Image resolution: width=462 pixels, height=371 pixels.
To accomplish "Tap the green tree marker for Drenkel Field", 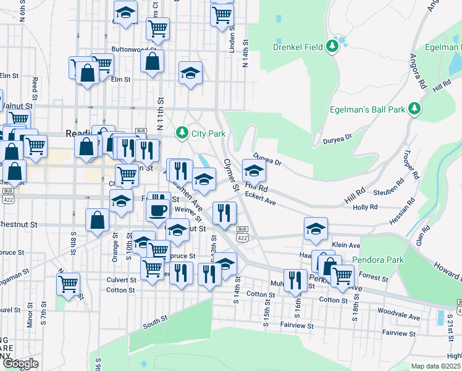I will click(333, 45).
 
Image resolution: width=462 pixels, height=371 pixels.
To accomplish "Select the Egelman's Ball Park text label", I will click(370, 109).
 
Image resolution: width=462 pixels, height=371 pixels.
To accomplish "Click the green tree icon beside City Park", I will click(182, 132).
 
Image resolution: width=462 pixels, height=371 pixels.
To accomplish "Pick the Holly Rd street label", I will click(364, 208).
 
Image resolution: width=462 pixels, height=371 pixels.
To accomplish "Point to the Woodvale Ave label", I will click(398, 314).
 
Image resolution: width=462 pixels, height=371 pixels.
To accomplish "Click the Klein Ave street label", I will click(345, 245).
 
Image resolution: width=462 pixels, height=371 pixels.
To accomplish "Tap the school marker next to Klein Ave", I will click(316, 228).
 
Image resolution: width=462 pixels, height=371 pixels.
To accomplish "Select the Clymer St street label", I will click(230, 174).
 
